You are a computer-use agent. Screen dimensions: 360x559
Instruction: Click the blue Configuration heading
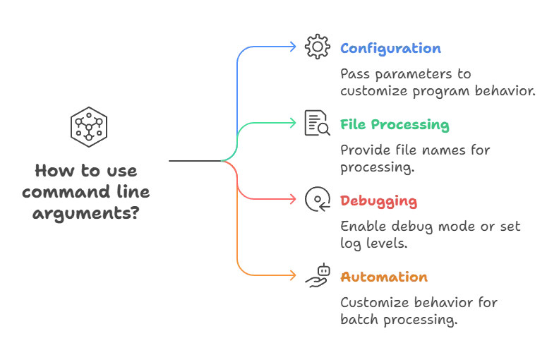390,49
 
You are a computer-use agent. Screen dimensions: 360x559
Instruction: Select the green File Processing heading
395,126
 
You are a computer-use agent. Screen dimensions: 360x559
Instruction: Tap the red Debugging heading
378,201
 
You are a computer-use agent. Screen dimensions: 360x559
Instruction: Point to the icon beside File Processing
314,123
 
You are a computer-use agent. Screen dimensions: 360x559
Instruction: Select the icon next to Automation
316,275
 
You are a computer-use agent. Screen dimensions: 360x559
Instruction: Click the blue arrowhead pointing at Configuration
294,47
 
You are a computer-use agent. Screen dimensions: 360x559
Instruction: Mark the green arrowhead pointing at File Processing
294,123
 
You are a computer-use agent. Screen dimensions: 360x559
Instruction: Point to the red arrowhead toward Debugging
294,200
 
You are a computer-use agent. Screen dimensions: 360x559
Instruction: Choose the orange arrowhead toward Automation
294,275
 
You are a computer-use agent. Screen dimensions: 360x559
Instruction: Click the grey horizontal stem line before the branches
192,162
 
